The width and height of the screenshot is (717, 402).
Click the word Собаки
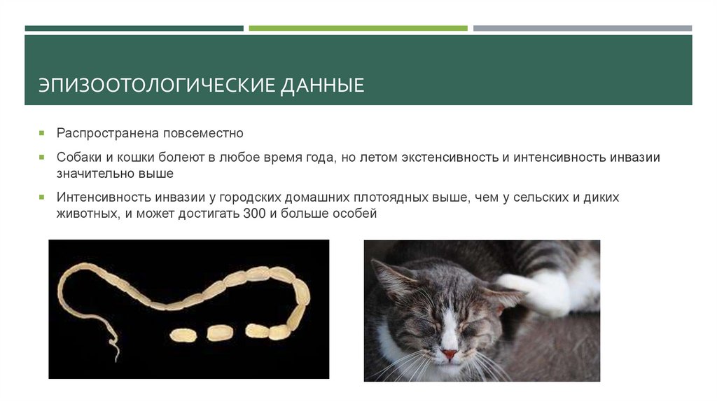coord(79,158)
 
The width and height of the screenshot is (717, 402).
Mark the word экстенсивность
coord(448,158)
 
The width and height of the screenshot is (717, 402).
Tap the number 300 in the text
coord(253,214)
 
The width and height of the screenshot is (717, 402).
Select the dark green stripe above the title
coord(134,28)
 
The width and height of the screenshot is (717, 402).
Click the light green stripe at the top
coord(358,28)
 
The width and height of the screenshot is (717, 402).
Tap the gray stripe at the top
coord(582,28)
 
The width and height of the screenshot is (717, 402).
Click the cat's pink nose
coord(449,354)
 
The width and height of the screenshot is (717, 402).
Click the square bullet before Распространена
coord(43,132)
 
